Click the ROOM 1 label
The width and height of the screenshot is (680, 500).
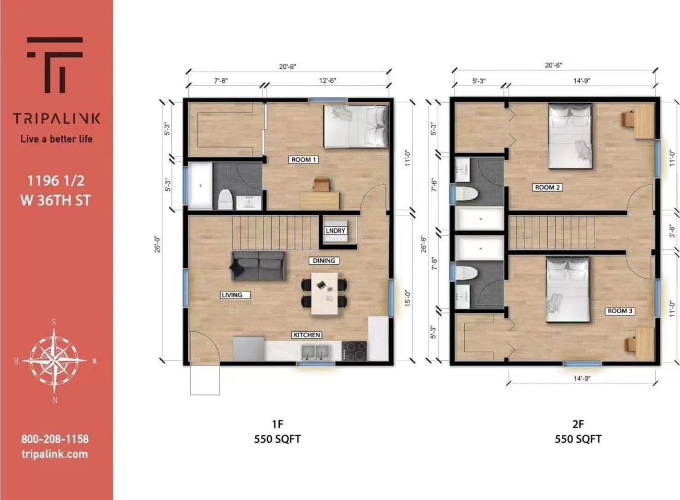pos(304,160)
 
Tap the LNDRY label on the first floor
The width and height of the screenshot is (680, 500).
pos(335,231)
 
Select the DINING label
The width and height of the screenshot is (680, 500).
pos(324,261)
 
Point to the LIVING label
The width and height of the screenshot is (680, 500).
pos(231,295)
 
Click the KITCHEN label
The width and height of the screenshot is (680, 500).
pos(307,335)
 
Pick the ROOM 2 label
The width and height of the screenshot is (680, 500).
pos(547,188)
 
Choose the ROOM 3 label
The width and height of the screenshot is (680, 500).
pos(620,311)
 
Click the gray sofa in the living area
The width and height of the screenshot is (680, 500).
pos(259,265)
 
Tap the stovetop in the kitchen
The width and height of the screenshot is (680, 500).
pos(354,351)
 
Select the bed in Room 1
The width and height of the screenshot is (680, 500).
pos(356,126)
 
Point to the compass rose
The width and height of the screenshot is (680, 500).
pos(54,361)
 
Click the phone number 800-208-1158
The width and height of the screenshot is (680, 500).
pos(55,439)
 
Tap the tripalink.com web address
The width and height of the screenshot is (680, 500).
pos(55,454)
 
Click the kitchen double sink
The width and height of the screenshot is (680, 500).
pos(316,351)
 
